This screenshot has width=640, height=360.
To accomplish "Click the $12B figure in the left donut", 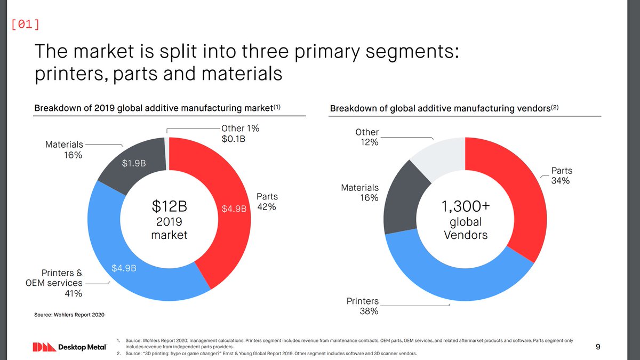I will coord(169,205).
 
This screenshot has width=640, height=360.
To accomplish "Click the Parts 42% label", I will coord(267,202).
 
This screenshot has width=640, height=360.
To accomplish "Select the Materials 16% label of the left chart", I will coord(63,150).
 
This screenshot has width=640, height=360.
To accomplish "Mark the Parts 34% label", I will coord(561,176).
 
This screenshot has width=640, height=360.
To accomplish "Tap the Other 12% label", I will coord(367,137).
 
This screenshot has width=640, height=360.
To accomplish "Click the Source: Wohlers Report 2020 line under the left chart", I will coord(69,315).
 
